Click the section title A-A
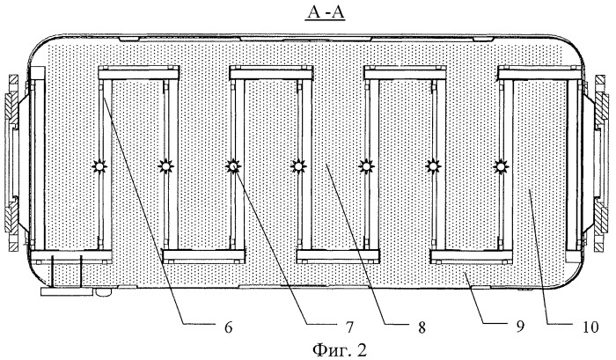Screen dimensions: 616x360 pos(326,13)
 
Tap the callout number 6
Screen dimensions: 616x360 pos(229,327)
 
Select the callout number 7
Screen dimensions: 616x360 pos(349,327)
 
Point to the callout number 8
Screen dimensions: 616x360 pos(422,327)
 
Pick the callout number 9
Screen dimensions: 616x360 pos(521,327)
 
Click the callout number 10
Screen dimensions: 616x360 pos(590,327)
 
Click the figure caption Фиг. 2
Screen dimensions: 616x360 pos(340,349)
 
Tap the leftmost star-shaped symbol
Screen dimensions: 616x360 pos(99,167)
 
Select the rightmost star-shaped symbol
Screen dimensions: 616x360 pos(500,167)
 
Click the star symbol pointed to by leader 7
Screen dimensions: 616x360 pos(233,166)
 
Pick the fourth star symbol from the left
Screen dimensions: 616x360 pos(299,166)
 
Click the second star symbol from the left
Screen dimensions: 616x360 pos(165,167)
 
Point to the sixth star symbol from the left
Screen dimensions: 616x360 pos(433,167)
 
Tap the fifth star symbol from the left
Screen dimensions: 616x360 pos(366,167)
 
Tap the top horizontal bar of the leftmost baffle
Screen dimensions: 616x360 pos(139,73)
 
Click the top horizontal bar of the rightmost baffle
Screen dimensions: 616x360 pos(540,73)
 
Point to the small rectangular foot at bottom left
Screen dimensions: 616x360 pos(67,291)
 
